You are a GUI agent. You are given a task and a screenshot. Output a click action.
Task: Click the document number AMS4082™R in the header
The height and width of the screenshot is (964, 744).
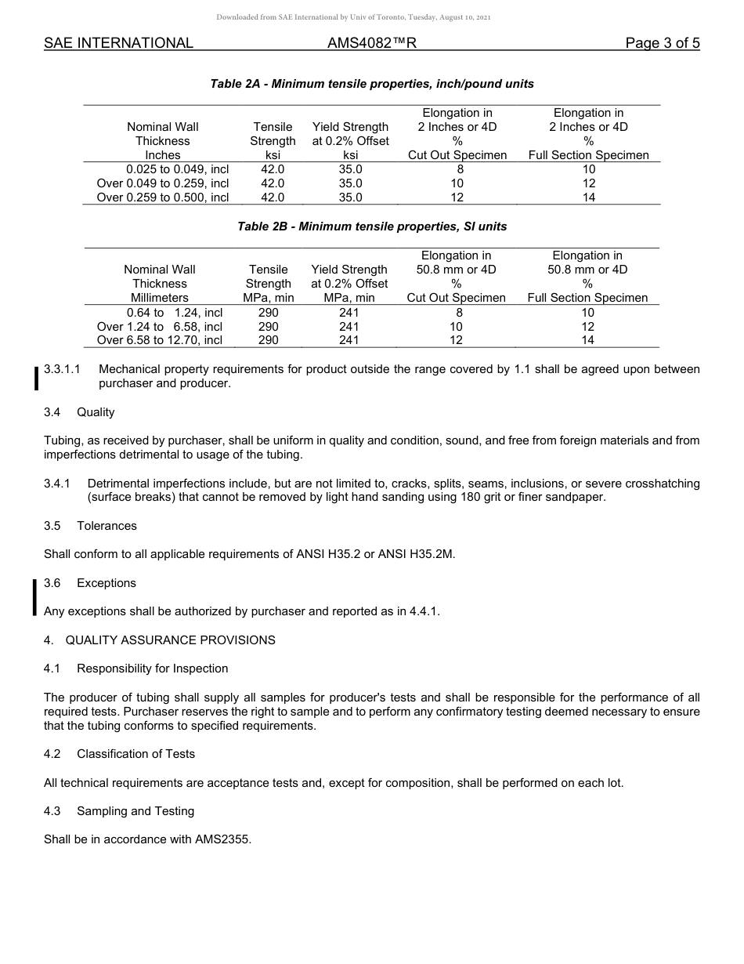coord(372,43)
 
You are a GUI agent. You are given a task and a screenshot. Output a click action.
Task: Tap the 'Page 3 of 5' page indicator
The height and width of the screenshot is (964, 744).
coord(663,43)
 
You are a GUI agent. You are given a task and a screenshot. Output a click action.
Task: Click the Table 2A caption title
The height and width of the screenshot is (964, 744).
coord(372,84)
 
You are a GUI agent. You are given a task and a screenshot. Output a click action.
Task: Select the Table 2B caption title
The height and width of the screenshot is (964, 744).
coord(372,227)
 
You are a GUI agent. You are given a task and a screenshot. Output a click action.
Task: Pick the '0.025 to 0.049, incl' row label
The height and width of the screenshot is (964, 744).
coord(178,169)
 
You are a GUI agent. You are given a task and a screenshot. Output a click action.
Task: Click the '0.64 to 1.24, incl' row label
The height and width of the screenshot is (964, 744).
coord(175,312)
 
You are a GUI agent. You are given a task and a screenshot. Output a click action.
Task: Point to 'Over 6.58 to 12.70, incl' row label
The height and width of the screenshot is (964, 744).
coord(160,340)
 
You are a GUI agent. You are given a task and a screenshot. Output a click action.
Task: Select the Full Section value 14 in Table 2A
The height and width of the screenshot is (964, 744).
coord(589,198)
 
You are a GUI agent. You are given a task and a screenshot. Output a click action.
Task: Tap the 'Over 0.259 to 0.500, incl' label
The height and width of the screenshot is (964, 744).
coord(163,198)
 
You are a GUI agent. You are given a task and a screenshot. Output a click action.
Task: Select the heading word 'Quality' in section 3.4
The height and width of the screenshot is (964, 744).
coord(96,412)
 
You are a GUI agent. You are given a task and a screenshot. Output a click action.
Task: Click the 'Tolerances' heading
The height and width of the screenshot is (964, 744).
coord(107,526)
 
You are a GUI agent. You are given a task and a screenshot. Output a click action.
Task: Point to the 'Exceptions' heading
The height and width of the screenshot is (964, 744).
coord(107,583)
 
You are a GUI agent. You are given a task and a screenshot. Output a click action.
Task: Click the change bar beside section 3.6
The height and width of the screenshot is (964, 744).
coord(35,597)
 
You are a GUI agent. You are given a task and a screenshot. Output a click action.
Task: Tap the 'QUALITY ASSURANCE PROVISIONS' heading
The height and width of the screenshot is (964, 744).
coord(170,640)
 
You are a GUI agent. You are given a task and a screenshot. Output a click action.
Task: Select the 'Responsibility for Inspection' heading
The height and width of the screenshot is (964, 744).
coord(153,669)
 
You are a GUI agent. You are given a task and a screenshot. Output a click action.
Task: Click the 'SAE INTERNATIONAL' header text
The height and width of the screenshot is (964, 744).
coord(118,43)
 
